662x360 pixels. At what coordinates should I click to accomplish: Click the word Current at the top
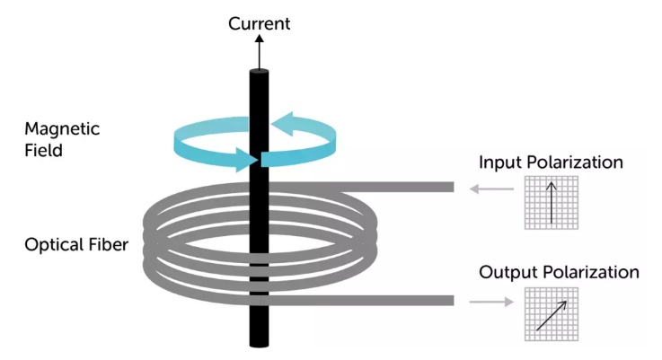click(x=259, y=23)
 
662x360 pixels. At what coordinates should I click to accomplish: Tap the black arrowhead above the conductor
click(x=260, y=39)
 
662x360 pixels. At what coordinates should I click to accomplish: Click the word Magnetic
click(x=62, y=128)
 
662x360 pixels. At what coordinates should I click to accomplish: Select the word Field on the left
click(x=43, y=150)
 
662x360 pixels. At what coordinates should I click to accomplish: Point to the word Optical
click(x=52, y=245)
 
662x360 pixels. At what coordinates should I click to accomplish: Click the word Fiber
click(x=108, y=245)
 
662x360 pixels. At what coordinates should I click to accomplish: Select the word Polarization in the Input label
click(x=575, y=162)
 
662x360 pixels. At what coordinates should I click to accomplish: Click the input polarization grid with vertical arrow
click(x=552, y=203)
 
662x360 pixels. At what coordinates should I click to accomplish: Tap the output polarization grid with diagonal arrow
click(x=552, y=314)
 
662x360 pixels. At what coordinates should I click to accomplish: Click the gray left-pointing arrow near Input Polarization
click(x=492, y=189)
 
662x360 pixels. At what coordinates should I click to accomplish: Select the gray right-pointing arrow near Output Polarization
click(x=491, y=302)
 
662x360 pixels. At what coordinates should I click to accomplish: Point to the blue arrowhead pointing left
click(x=282, y=124)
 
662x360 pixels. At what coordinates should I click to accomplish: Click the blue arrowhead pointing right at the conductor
click(x=247, y=160)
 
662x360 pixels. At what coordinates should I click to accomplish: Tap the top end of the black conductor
click(x=260, y=71)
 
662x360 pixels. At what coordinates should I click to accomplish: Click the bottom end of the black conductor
click(x=260, y=346)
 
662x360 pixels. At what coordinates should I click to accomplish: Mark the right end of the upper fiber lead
click(x=454, y=187)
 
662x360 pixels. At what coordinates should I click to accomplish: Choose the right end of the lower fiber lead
click(x=454, y=301)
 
